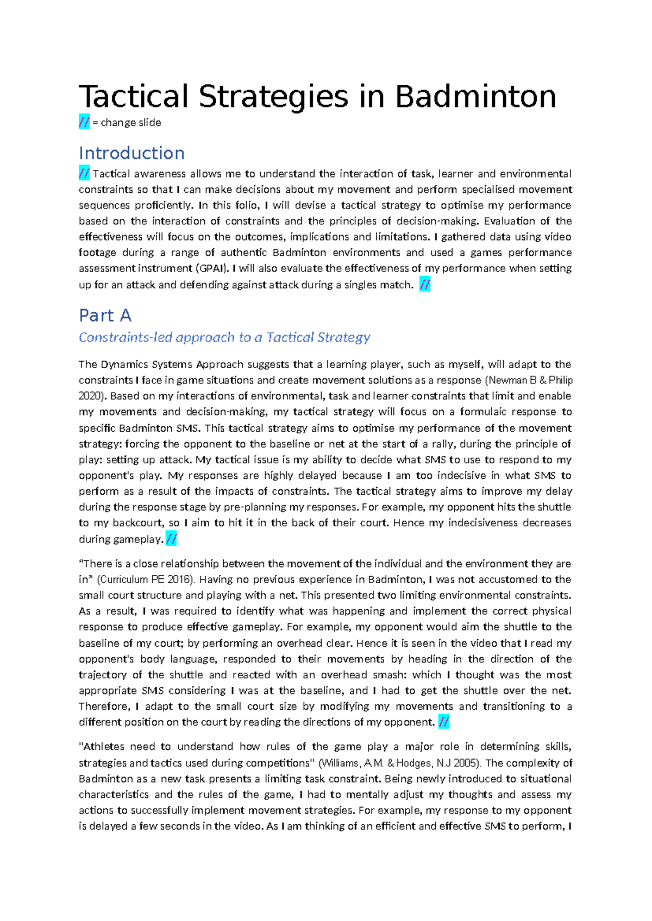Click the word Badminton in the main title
[475, 97]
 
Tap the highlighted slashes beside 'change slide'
[84, 123]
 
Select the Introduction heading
[131, 153]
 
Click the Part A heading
[105, 316]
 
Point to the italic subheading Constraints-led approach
[224, 337]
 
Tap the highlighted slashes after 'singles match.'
[425, 285]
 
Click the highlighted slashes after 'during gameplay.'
[171, 539]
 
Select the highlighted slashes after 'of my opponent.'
[443, 722]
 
